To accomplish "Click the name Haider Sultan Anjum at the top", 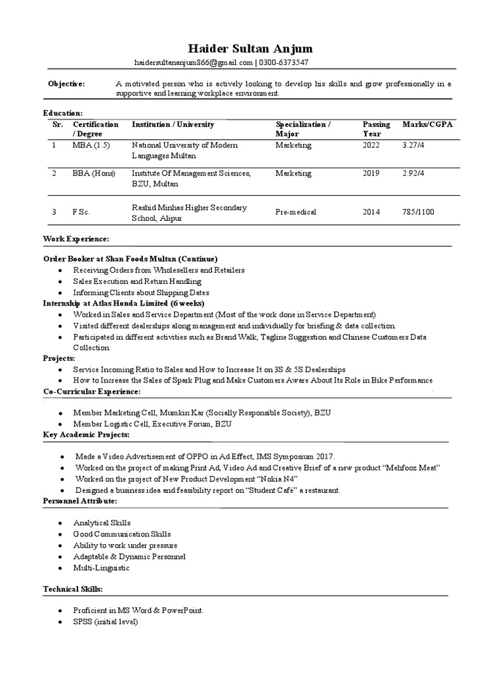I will pos(251,49).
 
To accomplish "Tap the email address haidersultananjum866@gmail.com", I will pos(193,62).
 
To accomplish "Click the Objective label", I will pos(67,84).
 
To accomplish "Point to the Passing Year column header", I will pos(376,129).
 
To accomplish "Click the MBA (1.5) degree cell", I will pos(92,145).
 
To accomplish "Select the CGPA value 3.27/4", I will pos(413,145).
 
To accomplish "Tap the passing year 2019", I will pos(371,174).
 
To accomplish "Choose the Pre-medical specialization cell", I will pos(295,212).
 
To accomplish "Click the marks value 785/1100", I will pos(418,212).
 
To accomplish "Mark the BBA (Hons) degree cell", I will pos(94,174).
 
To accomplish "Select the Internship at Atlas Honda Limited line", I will pos(124,303).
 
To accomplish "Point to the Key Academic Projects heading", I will pos(86,435).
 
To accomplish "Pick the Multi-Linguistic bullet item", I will pos(102,567).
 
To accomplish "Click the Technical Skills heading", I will pos(73,589).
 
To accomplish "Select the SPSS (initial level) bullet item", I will pos(106,622).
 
